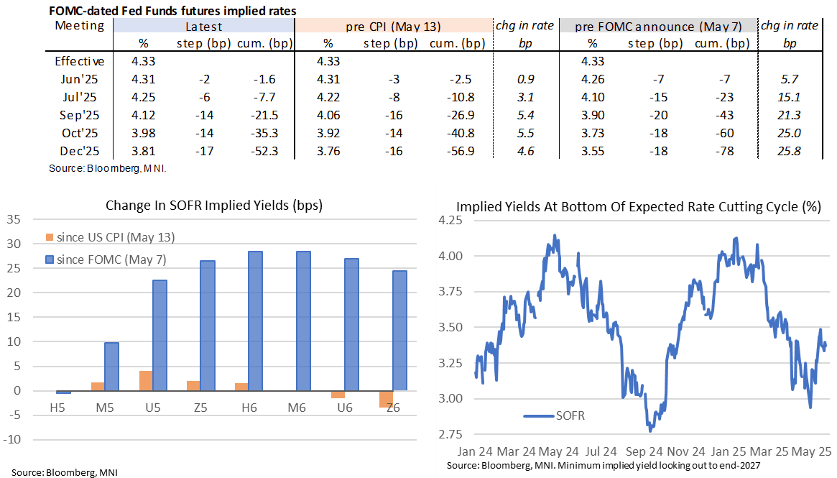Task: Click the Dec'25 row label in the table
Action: pyautogui.click(x=79, y=152)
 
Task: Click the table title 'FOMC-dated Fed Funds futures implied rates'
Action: pyautogui.click(x=172, y=11)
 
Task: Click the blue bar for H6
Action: pyautogui.click(x=255, y=321)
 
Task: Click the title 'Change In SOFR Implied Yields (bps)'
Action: pyautogui.click(x=214, y=205)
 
